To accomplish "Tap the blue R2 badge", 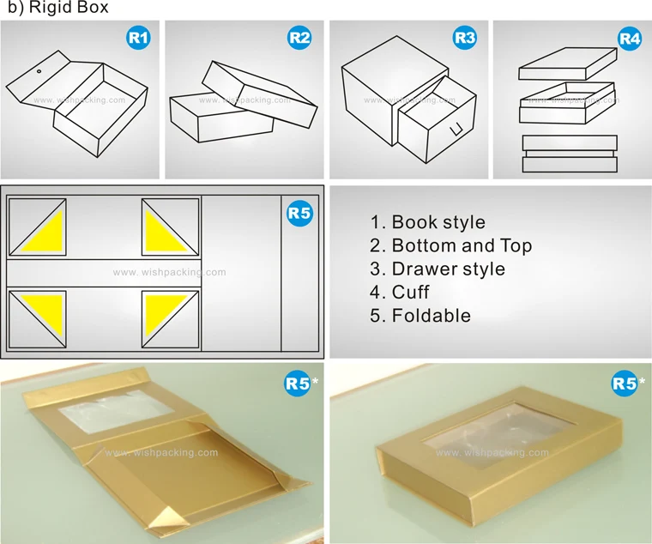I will click(x=299, y=37).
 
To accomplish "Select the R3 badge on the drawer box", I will click(x=464, y=37).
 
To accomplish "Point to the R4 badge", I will click(x=629, y=39).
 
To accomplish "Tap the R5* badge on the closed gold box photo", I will click(x=625, y=384).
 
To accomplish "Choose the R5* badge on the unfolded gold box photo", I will click(x=297, y=384).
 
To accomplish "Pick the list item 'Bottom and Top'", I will click(x=451, y=246).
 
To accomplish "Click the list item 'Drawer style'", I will click(x=438, y=269).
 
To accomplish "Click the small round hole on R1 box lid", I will click(x=39, y=72).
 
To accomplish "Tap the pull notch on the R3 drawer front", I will click(x=458, y=130).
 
